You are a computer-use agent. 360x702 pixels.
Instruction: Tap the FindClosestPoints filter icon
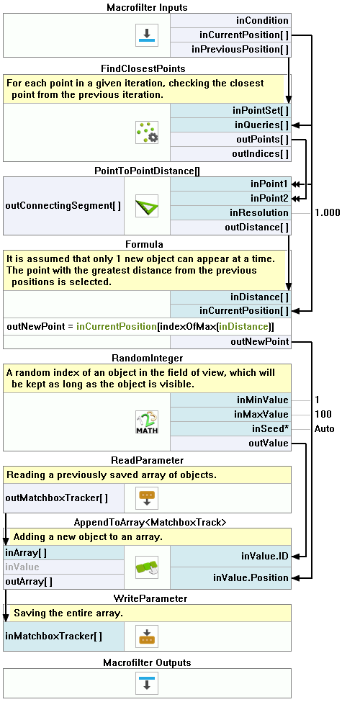[147, 132]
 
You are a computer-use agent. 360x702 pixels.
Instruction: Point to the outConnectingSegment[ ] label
[63, 205]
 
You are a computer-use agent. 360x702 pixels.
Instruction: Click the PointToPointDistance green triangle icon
[147, 206]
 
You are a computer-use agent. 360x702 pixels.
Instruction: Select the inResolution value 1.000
[328, 212]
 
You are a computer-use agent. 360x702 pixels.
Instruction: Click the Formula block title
[144, 245]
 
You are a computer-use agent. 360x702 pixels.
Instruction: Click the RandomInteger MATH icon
[147, 422]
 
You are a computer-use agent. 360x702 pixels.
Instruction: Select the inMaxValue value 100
[323, 414]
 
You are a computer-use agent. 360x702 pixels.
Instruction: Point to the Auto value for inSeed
[324, 428]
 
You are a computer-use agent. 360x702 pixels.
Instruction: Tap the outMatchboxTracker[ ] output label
[56, 498]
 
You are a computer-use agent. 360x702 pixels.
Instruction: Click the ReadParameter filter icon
[147, 498]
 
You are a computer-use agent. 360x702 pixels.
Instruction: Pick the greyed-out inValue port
[22, 567]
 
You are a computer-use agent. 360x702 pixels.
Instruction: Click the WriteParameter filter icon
[147, 636]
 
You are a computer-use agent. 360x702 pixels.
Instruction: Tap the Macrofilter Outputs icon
[147, 683]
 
